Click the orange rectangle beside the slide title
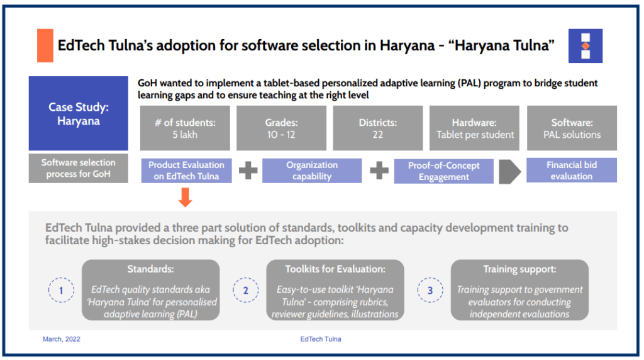point(45,45)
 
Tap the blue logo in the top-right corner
point(586,45)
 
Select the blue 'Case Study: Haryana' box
point(79,113)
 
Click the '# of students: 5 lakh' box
point(185,128)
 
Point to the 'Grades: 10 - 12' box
point(281,128)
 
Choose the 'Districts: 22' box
point(378,128)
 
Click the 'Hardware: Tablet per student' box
point(474,128)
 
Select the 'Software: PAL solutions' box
point(572,128)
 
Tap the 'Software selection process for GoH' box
point(79,168)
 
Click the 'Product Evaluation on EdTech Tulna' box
point(186,171)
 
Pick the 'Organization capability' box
point(312,171)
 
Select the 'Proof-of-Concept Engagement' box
point(444,171)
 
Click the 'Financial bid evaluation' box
point(572,170)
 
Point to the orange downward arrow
point(186,197)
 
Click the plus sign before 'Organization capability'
point(248,171)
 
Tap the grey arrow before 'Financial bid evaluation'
point(509,171)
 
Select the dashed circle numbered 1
point(61,290)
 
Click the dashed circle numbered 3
point(430,290)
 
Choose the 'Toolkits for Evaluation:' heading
point(335,269)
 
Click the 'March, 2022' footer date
point(62,339)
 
